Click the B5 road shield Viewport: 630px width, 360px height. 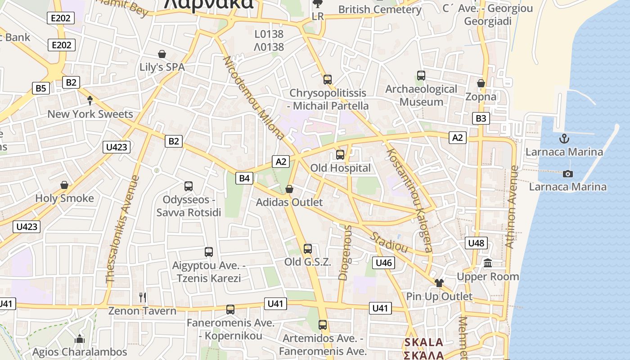(x=40, y=88)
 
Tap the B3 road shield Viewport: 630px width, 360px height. (x=481, y=118)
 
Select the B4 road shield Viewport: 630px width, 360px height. (x=244, y=178)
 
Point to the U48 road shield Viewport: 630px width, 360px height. (x=476, y=243)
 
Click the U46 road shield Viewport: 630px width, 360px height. (x=383, y=262)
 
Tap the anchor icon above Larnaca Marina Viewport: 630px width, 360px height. (x=564, y=139)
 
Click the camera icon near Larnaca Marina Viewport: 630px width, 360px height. (x=568, y=174)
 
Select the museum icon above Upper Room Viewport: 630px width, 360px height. (x=488, y=263)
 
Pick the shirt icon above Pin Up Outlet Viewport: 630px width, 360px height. (x=439, y=283)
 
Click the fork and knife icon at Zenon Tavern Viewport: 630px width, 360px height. (x=143, y=297)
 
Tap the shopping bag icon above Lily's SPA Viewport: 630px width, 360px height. (x=162, y=54)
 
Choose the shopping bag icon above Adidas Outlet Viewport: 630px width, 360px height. (x=289, y=189)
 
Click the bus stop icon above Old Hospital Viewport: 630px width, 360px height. (x=340, y=155)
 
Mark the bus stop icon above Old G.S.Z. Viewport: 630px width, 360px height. (x=308, y=248)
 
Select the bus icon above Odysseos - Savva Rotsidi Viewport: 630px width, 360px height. (x=189, y=186)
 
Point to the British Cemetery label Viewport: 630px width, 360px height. (x=380, y=9)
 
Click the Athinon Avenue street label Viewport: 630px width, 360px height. (x=512, y=207)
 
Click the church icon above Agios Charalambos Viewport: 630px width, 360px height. (x=80, y=338)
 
